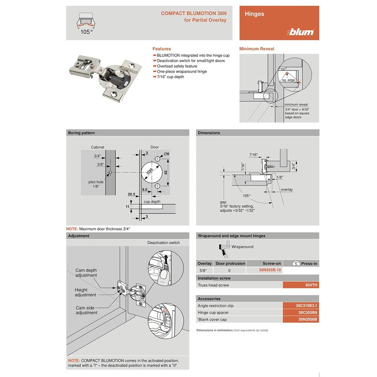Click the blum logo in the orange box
click(x=301, y=33)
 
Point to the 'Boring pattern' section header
click(x=82, y=133)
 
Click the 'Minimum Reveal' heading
click(x=257, y=49)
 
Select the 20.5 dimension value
click(x=131, y=194)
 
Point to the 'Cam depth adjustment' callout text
click(x=86, y=273)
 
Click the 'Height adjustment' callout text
click(x=85, y=292)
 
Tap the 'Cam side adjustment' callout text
click(x=87, y=310)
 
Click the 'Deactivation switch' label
click(x=163, y=243)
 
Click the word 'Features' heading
click(x=162, y=49)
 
